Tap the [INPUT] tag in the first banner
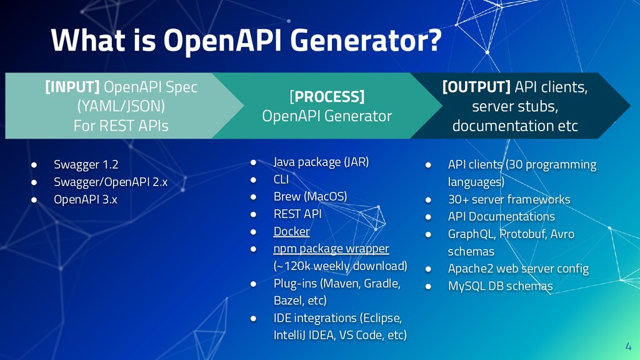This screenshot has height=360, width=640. point(71,87)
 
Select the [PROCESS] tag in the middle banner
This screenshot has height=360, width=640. point(327,97)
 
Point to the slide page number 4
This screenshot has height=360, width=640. point(628,347)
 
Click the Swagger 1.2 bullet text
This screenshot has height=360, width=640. point(86,165)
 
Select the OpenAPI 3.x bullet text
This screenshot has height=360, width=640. point(85,199)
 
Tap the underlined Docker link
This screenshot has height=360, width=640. point(291,231)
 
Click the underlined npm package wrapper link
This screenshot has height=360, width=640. point(331,249)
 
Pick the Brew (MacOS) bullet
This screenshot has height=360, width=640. point(310,196)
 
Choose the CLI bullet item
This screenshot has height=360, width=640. point(282,179)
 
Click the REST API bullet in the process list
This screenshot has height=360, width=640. point(297,214)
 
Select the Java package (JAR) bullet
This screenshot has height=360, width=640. point(321,162)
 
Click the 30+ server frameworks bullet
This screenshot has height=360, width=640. point(509,199)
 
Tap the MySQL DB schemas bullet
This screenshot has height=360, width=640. point(500,286)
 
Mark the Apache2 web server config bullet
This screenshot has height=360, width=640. point(518,269)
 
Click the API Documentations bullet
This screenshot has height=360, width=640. point(501,217)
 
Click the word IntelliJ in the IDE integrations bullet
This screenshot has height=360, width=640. point(289,335)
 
